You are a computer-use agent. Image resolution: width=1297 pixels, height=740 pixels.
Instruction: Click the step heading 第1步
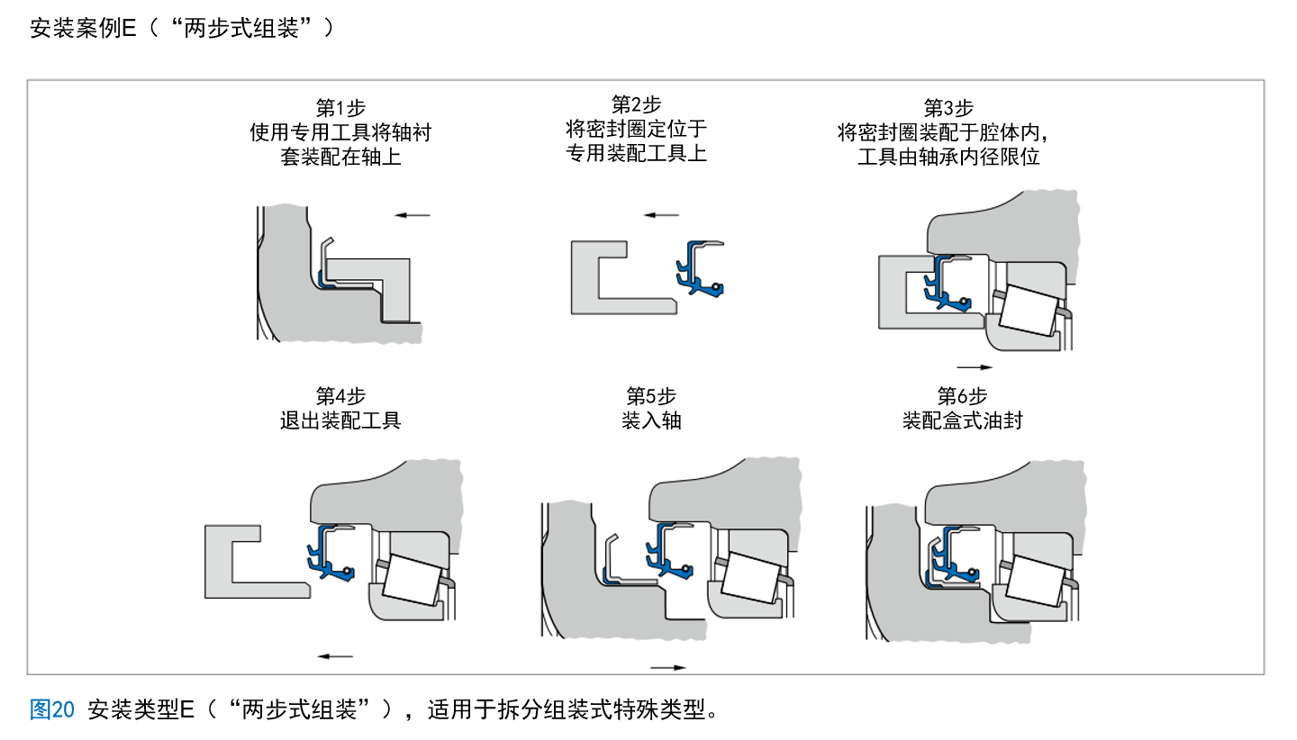[x=340, y=109]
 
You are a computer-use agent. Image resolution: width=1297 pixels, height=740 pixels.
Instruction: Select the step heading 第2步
[x=636, y=105]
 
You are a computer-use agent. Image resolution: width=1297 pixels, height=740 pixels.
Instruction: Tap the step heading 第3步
[x=948, y=109]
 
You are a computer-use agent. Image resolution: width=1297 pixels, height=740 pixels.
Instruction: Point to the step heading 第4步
[x=340, y=396]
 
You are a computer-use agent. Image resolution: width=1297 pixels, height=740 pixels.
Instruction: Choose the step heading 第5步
[x=651, y=396]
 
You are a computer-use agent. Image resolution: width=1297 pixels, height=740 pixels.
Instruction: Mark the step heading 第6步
[x=962, y=396]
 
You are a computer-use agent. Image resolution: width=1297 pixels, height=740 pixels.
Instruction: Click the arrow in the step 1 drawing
[x=413, y=215]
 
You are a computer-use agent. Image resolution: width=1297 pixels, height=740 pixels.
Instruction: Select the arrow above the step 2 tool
[x=661, y=215]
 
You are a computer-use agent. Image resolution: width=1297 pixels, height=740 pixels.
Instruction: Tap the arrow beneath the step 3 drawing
[x=974, y=367]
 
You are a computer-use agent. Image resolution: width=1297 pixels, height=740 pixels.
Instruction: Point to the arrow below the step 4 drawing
[x=335, y=656]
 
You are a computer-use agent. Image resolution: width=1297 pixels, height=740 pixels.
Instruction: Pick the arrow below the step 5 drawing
[x=667, y=668]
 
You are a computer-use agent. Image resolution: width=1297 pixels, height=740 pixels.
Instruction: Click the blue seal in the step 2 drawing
[x=697, y=268]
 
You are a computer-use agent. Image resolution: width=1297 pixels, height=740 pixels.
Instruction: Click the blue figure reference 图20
[x=51, y=709]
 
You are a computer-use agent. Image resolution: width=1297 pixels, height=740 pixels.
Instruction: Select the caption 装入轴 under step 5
[x=651, y=420]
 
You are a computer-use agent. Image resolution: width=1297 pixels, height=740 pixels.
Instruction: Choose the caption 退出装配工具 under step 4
[x=340, y=420]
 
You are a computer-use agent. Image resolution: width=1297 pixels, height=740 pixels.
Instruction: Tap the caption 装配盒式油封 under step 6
[x=962, y=420]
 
